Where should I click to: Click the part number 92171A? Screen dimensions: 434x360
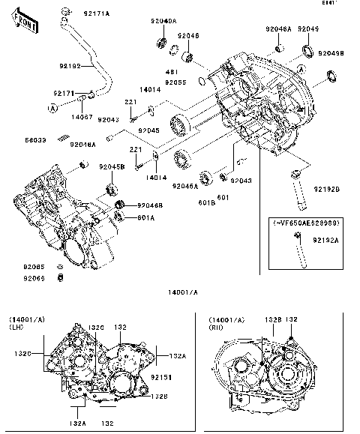96,13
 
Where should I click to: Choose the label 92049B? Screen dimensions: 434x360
330,53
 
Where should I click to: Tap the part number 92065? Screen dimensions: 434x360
33,267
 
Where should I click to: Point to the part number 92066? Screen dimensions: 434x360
33,278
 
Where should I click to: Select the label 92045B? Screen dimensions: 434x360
112,166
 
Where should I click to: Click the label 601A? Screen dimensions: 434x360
145,218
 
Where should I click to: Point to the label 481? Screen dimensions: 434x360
171,72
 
